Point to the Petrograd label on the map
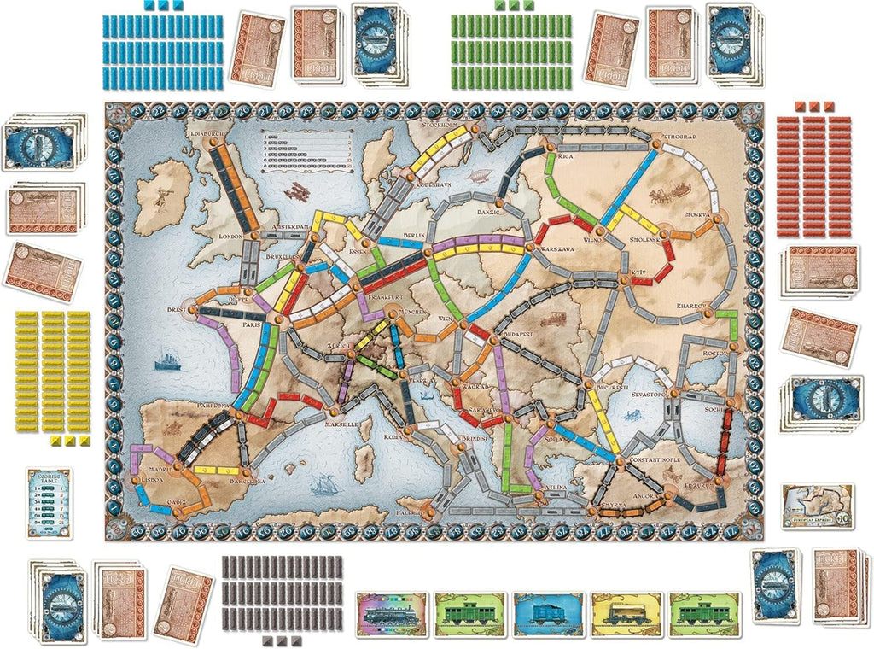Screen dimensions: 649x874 click(x=679, y=136)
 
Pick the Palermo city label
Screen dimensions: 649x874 click(x=410, y=512)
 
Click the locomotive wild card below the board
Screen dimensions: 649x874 click(x=390, y=612)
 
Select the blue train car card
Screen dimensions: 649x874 click(x=547, y=612)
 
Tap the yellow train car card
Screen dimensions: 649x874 click(x=626, y=612)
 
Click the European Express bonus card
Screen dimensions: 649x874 click(x=817, y=506)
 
